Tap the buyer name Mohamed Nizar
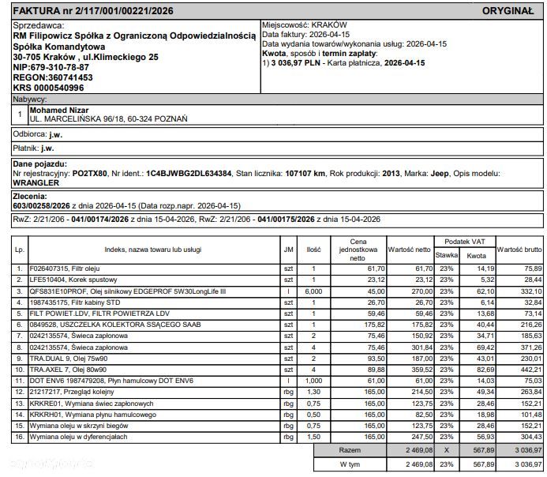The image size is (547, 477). [x=58, y=111]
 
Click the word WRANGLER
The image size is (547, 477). [x=39, y=182]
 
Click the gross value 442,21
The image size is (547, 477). [x=529, y=368]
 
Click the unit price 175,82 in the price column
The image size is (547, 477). [x=369, y=324]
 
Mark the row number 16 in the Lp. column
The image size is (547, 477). [x=20, y=434]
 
